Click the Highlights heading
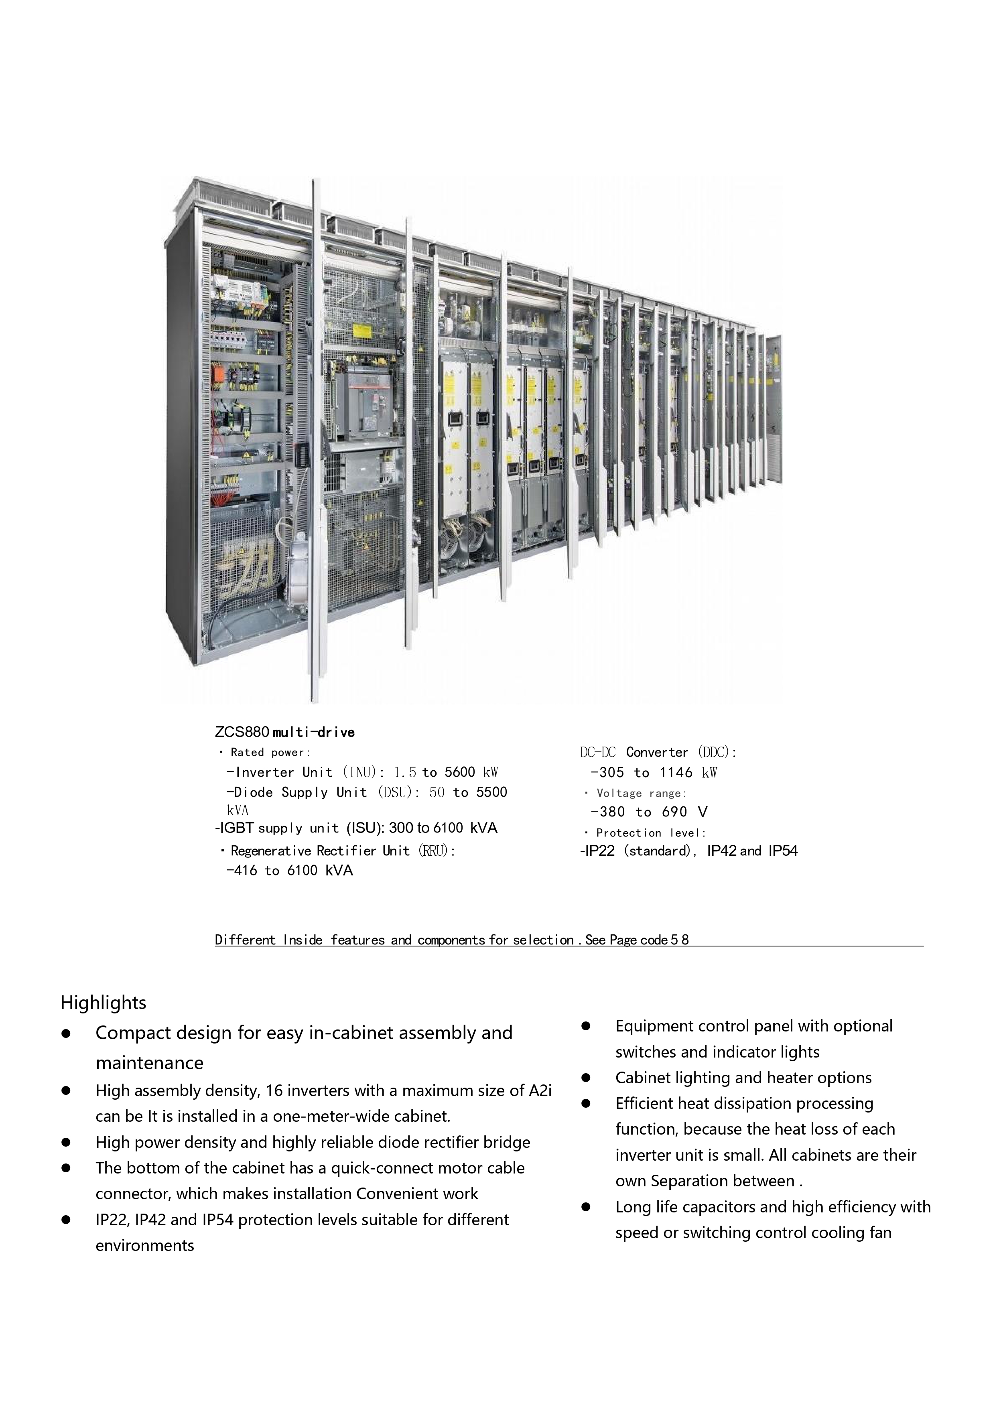coord(103,1003)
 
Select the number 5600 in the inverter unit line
coord(459,773)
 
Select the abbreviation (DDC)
coord(716,753)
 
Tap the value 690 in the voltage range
coord(674,812)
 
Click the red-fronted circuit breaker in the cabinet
coord(365,404)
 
